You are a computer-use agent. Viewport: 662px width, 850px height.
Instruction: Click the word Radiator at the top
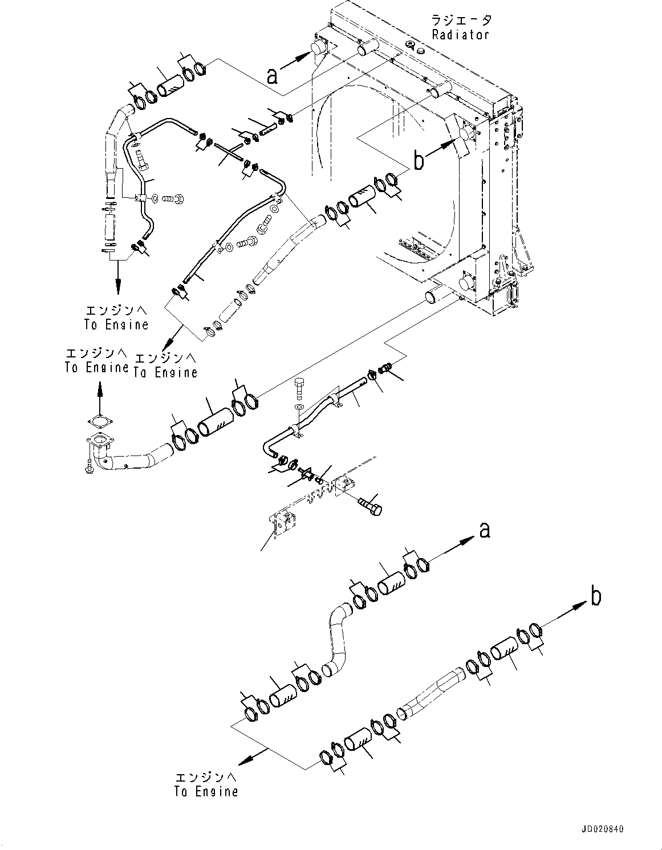tap(460, 34)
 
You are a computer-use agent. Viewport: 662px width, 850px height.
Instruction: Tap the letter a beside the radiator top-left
tap(273, 75)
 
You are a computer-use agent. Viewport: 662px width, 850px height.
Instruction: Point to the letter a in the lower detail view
tap(485, 530)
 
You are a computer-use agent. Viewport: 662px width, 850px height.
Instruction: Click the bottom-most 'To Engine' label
tap(206, 791)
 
